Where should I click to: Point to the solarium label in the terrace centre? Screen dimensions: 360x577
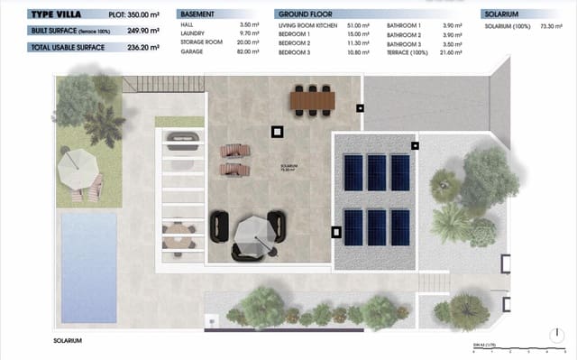(x=288, y=167)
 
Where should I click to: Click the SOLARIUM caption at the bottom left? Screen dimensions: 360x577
(x=69, y=340)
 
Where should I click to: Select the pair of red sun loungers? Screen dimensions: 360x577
(x=233, y=160)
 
